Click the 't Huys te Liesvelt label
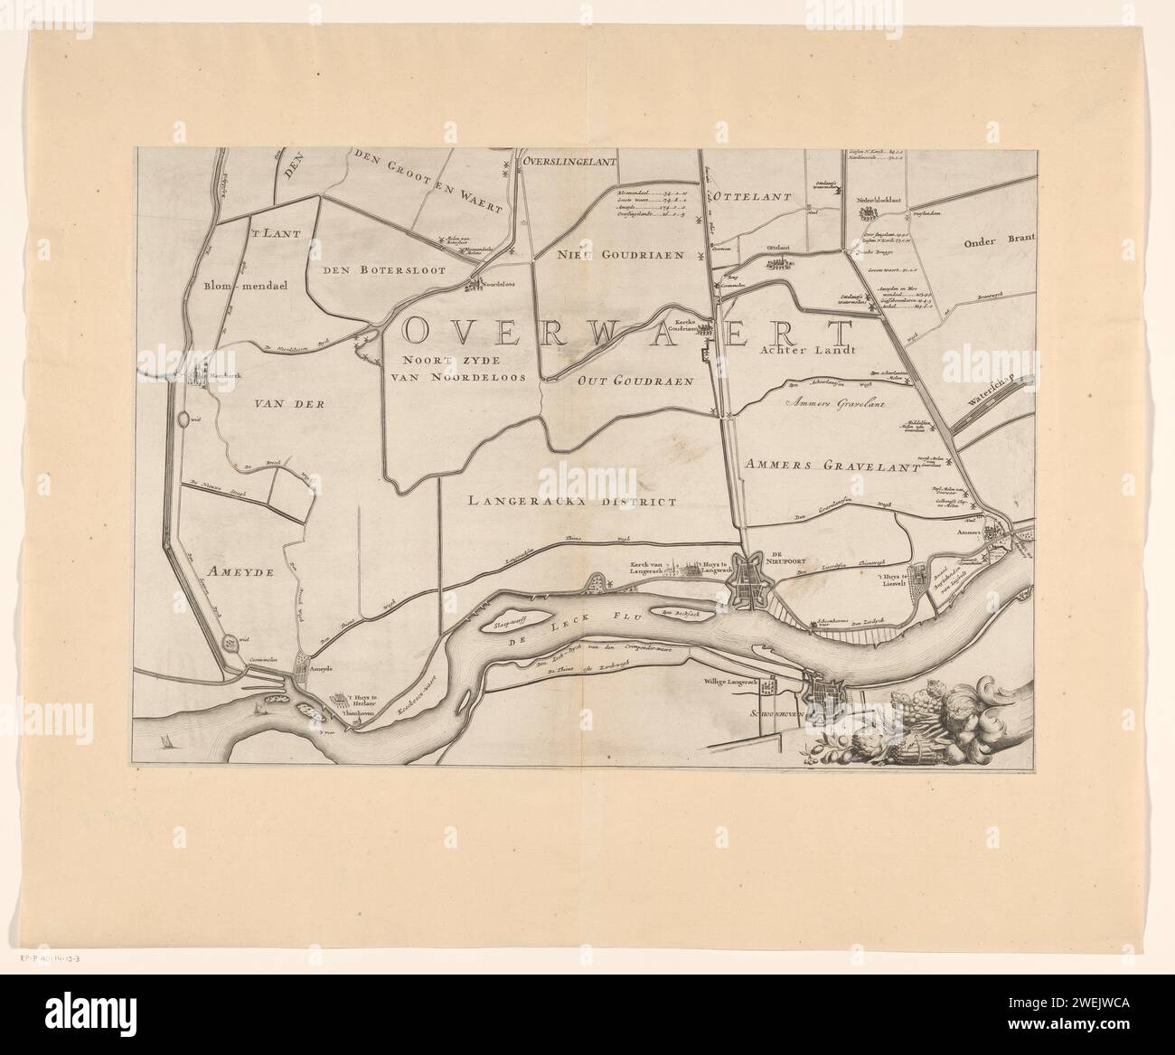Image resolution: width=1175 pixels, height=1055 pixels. (885, 578)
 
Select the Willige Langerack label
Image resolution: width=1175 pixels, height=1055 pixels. (731, 684)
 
